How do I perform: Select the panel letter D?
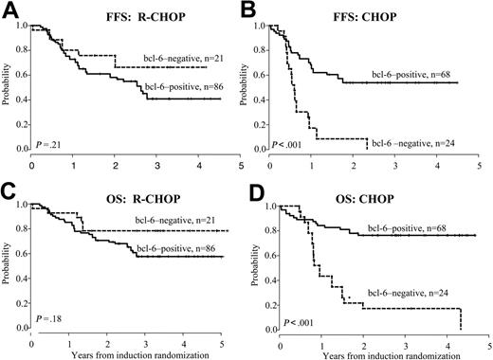tap(268, 192)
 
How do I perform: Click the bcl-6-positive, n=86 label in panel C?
tap(179, 249)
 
